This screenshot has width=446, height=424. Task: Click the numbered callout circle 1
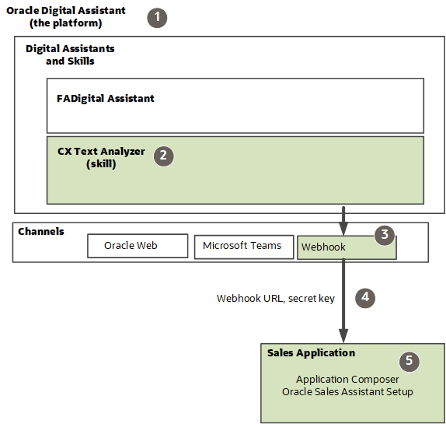(x=158, y=17)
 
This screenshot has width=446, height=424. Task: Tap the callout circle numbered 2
(x=162, y=155)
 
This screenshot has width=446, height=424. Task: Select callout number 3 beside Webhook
(x=384, y=236)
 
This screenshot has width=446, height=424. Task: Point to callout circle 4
(x=364, y=296)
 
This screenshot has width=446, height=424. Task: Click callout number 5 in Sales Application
(x=409, y=361)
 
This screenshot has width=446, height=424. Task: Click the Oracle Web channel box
(x=137, y=246)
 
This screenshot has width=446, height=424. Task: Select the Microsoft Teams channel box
(x=242, y=246)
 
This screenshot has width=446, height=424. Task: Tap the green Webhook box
(x=346, y=247)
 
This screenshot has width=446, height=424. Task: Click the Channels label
(x=41, y=232)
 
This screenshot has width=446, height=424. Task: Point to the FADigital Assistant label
(x=105, y=99)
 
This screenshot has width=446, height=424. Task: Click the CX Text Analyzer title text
(x=101, y=152)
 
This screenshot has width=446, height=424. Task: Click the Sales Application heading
(x=311, y=353)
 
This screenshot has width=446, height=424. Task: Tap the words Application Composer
(x=347, y=379)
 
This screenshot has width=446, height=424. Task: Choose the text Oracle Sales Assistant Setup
(x=347, y=391)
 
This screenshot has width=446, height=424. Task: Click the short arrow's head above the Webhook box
(x=343, y=227)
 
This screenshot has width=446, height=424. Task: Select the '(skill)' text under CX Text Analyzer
(x=101, y=164)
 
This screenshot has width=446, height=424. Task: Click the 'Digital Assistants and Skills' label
(x=70, y=54)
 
